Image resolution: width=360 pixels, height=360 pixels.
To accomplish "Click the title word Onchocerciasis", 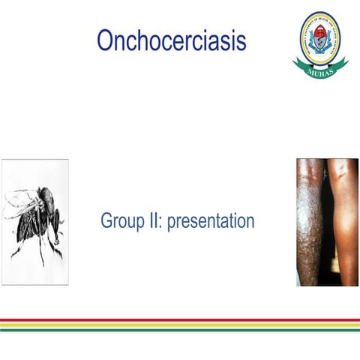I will [171, 40].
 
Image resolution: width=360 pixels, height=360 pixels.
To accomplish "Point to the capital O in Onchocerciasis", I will [105, 40].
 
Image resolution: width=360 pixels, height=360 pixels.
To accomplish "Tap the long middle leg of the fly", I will [41, 247].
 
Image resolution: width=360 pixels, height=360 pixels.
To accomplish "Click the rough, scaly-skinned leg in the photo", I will [309, 225].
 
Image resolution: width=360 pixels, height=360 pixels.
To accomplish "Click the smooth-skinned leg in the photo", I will [343, 225].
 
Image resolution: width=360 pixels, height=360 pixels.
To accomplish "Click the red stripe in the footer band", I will [180, 320].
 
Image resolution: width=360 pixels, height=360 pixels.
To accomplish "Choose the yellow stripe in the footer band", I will [180, 325].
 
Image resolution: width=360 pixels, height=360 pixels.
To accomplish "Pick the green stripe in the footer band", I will [180, 329].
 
